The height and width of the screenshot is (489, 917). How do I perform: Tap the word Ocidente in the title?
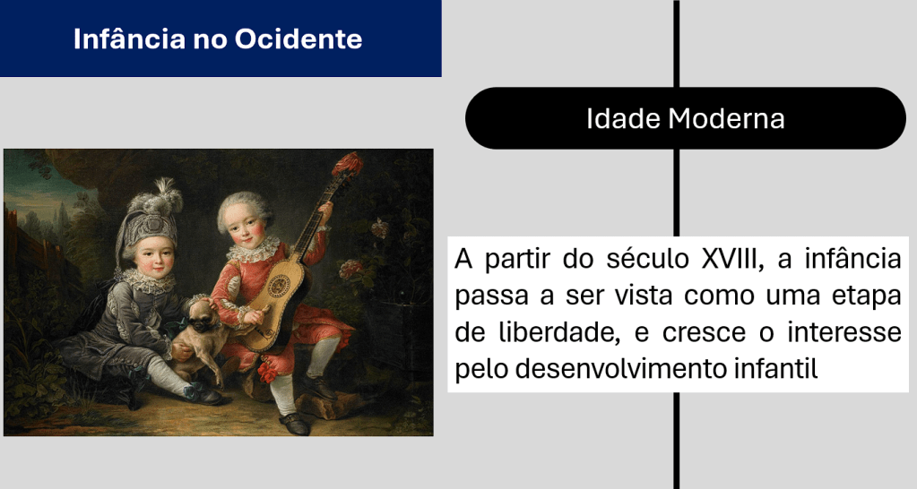(298, 39)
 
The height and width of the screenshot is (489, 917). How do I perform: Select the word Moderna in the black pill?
(726, 118)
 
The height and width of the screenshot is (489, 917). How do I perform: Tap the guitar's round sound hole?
(279, 286)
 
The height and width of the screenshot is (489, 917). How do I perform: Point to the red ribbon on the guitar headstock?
(348, 163)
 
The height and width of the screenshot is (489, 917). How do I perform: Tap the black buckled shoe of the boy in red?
(294, 425)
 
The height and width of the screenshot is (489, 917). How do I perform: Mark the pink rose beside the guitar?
(350, 268)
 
